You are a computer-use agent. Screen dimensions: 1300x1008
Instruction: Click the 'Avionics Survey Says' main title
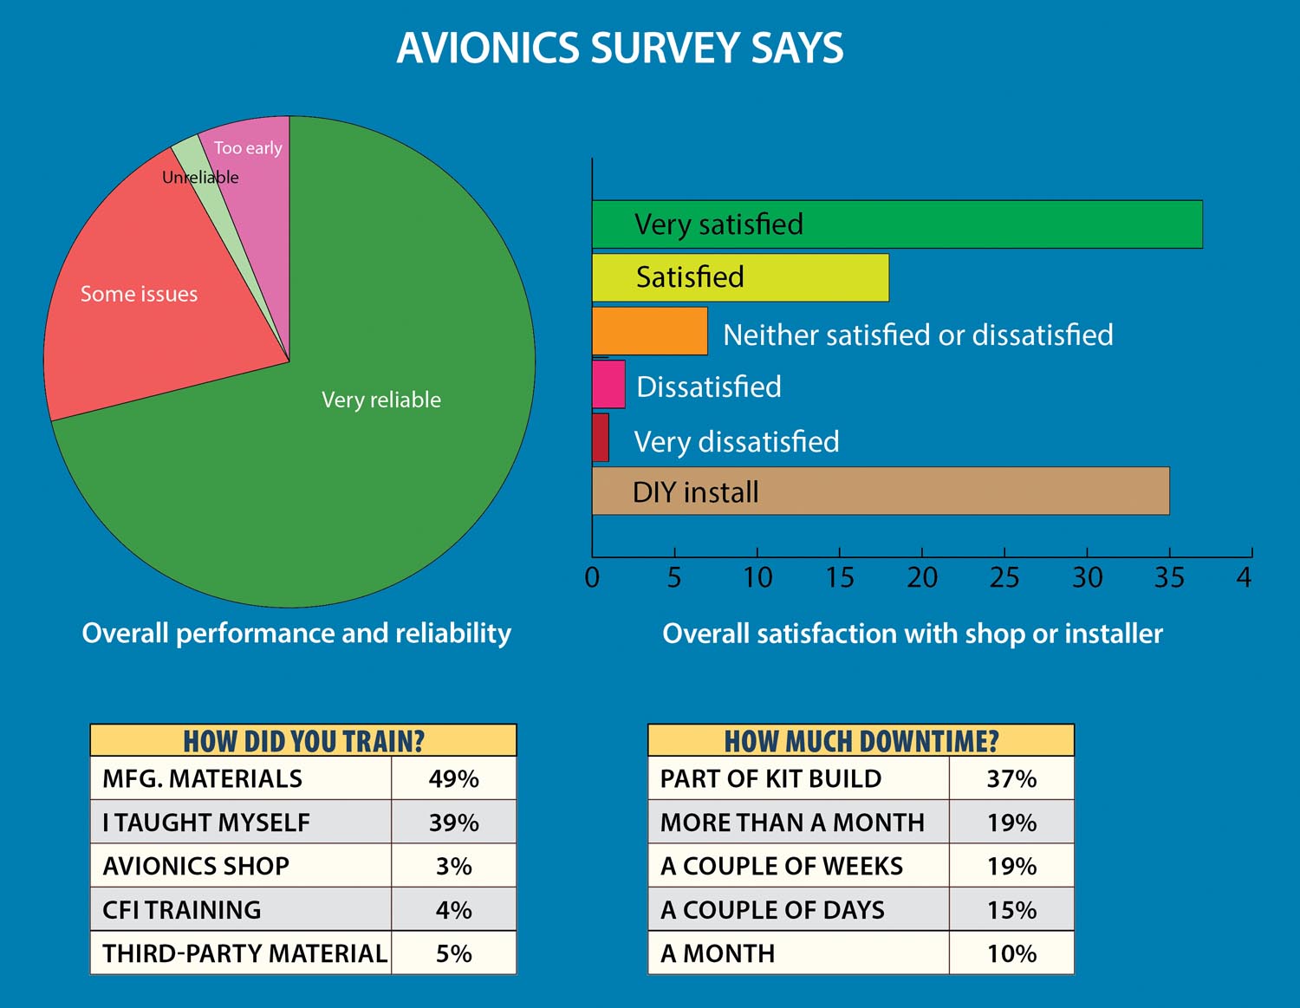(x=620, y=48)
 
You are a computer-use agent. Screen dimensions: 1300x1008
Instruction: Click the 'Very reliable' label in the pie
(x=381, y=400)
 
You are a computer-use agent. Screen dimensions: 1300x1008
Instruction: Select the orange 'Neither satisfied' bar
(x=650, y=331)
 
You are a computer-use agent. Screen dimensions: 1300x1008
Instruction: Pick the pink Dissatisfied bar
(x=608, y=384)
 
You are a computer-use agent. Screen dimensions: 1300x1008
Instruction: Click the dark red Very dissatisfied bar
(x=601, y=438)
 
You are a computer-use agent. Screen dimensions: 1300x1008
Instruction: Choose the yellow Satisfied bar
(x=741, y=277)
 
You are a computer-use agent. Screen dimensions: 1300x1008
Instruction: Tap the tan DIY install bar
(x=881, y=491)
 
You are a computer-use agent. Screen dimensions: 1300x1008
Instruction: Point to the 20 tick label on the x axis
(x=922, y=578)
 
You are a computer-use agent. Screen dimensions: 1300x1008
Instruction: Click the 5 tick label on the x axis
(x=674, y=578)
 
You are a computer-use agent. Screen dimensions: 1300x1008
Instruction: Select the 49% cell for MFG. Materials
(x=453, y=778)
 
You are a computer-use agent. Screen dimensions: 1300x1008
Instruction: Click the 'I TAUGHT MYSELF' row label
(x=206, y=823)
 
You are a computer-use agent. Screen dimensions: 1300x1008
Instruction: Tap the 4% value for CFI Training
(x=453, y=910)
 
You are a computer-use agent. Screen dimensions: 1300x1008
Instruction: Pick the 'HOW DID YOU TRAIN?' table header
(x=303, y=740)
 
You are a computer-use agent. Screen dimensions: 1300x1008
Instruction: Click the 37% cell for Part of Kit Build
(x=1011, y=778)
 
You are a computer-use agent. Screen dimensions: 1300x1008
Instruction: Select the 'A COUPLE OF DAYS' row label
(x=772, y=910)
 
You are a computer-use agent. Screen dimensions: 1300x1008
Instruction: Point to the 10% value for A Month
(x=1011, y=953)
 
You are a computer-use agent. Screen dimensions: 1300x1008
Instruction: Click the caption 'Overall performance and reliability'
(x=296, y=634)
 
